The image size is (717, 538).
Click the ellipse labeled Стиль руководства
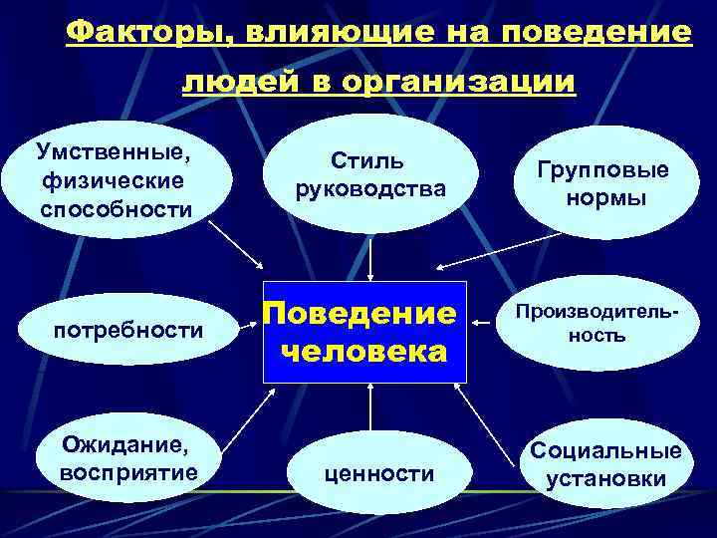369,173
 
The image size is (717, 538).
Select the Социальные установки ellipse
605,464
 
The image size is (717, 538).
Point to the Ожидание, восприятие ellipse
128,457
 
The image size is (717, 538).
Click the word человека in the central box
364,352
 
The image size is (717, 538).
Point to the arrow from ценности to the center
370,408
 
